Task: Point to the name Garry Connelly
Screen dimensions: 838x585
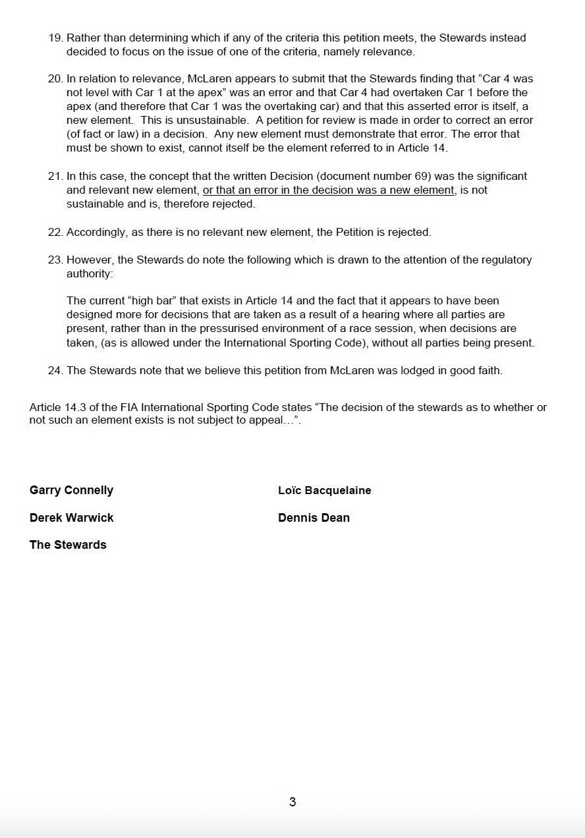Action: [71, 490]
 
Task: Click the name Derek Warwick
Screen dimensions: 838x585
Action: [71, 518]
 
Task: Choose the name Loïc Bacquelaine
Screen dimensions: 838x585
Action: [325, 490]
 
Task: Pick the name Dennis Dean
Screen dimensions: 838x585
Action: [314, 518]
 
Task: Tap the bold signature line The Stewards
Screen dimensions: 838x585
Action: [68, 545]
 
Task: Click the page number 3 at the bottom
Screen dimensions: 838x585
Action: [292, 802]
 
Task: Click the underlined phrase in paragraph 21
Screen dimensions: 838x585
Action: [329, 190]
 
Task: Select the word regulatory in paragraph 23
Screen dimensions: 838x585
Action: [507, 260]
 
